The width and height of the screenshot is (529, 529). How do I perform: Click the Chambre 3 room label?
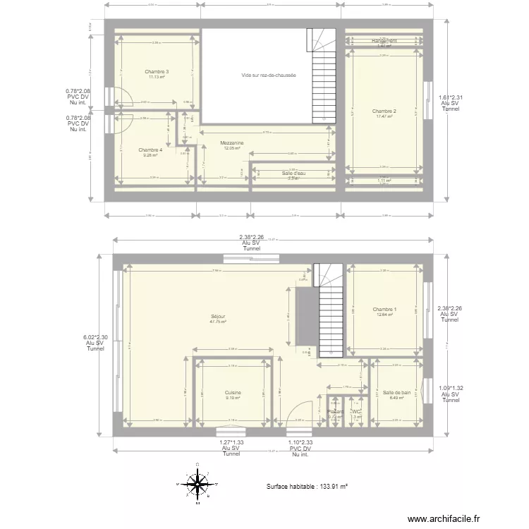tap(157, 72)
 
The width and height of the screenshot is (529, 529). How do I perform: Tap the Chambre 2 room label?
tap(384, 111)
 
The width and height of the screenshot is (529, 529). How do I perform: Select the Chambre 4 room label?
tap(150, 150)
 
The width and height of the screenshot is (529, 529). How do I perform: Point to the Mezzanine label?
tap(232, 143)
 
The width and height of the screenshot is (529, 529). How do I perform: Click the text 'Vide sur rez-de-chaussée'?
tap(268, 75)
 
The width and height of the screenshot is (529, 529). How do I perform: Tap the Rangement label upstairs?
tap(384, 42)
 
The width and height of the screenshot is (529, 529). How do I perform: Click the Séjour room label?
tap(218, 317)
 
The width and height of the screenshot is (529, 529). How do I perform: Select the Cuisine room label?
tap(233, 393)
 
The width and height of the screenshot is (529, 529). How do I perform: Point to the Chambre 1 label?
tap(384, 310)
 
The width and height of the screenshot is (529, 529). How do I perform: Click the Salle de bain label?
tap(397, 393)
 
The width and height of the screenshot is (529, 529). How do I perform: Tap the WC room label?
tap(356, 413)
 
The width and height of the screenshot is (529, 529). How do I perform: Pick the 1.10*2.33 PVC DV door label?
tap(300, 442)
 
